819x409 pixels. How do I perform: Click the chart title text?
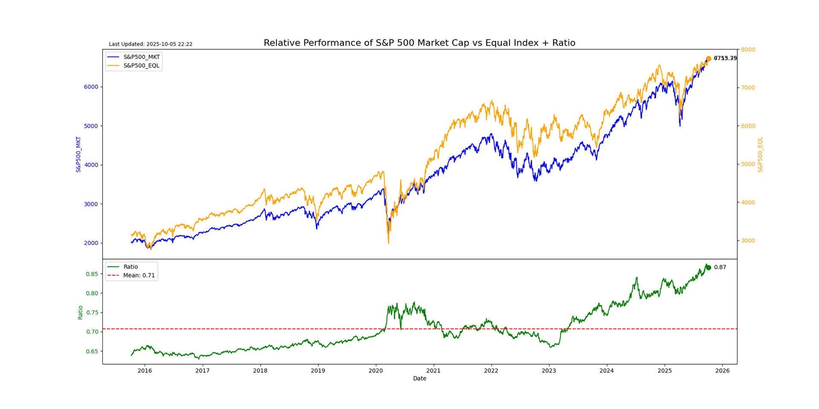coord(419,43)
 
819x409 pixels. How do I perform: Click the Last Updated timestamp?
coord(150,44)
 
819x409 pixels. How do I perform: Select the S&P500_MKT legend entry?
coord(141,56)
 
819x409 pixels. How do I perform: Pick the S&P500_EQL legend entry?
coord(141,66)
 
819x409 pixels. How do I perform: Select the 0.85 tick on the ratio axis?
coord(93,274)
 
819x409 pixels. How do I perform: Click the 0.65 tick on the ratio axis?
coord(93,351)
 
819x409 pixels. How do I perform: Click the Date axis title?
coord(420,379)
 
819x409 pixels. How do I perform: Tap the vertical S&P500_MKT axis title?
coord(79,154)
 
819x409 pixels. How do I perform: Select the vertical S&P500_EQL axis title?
coord(760,154)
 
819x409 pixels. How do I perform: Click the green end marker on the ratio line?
coord(708,267)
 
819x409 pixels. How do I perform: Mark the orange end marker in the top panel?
coord(709,59)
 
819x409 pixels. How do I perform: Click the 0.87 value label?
coord(720,267)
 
